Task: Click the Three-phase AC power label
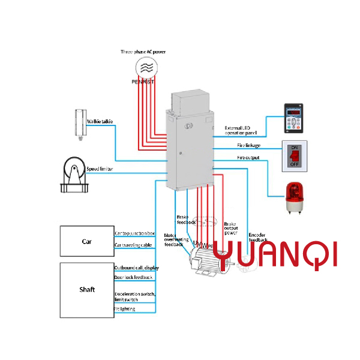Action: click(143, 52)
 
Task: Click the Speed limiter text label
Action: click(100, 170)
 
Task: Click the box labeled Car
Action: click(86, 242)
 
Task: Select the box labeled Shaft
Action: click(86, 289)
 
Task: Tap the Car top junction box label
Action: click(134, 233)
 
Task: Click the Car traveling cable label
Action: click(133, 245)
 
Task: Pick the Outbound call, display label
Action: click(136, 267)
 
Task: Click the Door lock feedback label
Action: click(133, 277)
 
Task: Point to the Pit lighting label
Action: click(125, 309)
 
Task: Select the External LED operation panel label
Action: click(241, 130)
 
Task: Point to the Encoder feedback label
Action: click(257, 238)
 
